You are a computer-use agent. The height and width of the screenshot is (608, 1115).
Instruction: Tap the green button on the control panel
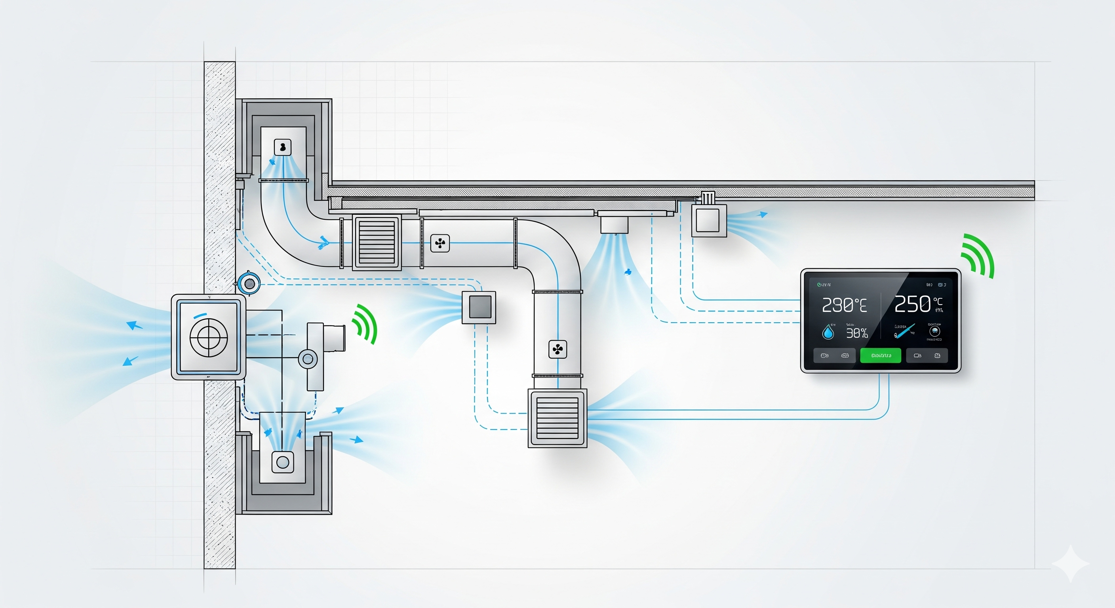[x=881, y=355]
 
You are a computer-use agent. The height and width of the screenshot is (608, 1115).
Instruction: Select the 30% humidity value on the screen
[x=856, y=333]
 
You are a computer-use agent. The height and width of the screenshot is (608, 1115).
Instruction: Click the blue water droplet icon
[x=828, y=332]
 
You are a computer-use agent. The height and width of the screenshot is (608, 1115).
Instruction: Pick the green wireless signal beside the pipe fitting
[x=365, y=324]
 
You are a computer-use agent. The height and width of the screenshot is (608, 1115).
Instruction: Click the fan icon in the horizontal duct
[x=440, y=243]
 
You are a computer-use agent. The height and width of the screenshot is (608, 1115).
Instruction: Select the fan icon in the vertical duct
[x=557, y=349]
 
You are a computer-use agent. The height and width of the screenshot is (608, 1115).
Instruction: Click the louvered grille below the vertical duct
[x=557, y=418]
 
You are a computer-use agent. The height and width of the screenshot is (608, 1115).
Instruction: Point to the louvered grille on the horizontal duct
[x=376, y=242]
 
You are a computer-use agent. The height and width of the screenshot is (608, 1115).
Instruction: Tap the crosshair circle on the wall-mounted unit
[x=209, y=338]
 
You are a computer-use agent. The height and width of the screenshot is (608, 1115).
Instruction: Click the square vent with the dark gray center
[x=479, y=307]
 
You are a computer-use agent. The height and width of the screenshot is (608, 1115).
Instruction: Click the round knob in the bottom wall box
[x=283, y=462]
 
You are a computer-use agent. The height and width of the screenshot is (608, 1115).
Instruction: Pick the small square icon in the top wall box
[x=283, y=147]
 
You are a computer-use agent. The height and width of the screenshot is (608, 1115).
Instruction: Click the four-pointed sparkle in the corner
[x=1070, y=563]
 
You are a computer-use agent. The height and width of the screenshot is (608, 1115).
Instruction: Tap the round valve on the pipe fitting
[x=308, y=359]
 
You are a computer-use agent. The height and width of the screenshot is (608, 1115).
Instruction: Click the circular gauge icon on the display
[x=934, y=331]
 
